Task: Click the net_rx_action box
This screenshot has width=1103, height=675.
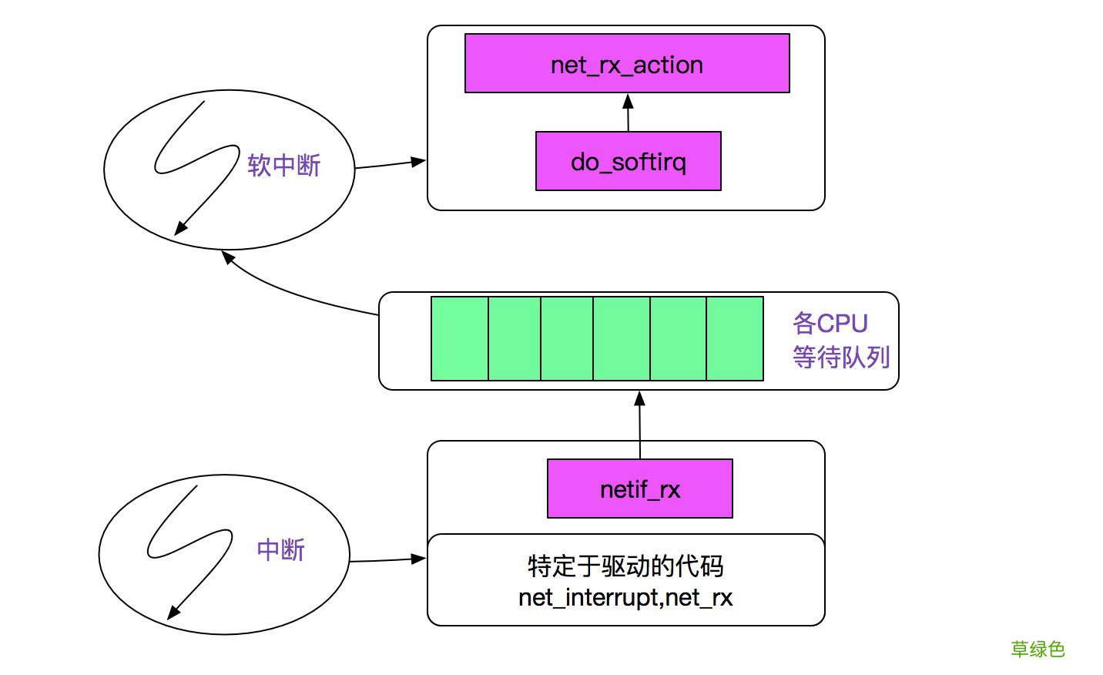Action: tap(627, 64)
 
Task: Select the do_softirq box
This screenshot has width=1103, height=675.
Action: tap(628, 161)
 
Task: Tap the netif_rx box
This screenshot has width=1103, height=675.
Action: tap(639, 489)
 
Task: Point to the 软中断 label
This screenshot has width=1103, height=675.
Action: tap(283, 165)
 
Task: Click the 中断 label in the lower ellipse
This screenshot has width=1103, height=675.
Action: tap(280, 549)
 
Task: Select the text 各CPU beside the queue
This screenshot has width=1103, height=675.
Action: tap(830, 323)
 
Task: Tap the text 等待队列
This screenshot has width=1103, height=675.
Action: tap(840, 357)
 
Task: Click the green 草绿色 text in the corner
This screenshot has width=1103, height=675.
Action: tap(1037, 649)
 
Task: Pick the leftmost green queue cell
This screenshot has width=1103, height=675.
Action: tap(459, 339)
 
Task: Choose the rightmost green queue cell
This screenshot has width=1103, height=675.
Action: tap(734, 339)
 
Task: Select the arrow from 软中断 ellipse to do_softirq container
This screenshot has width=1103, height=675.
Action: tap(389, 164)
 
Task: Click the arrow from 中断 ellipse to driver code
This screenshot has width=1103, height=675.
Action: tap(387, 559)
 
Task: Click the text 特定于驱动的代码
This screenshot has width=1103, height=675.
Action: tap(625, 566)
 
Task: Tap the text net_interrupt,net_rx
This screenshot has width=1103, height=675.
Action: tap(625, 597)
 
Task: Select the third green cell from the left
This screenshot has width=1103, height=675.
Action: tap(567, 339)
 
